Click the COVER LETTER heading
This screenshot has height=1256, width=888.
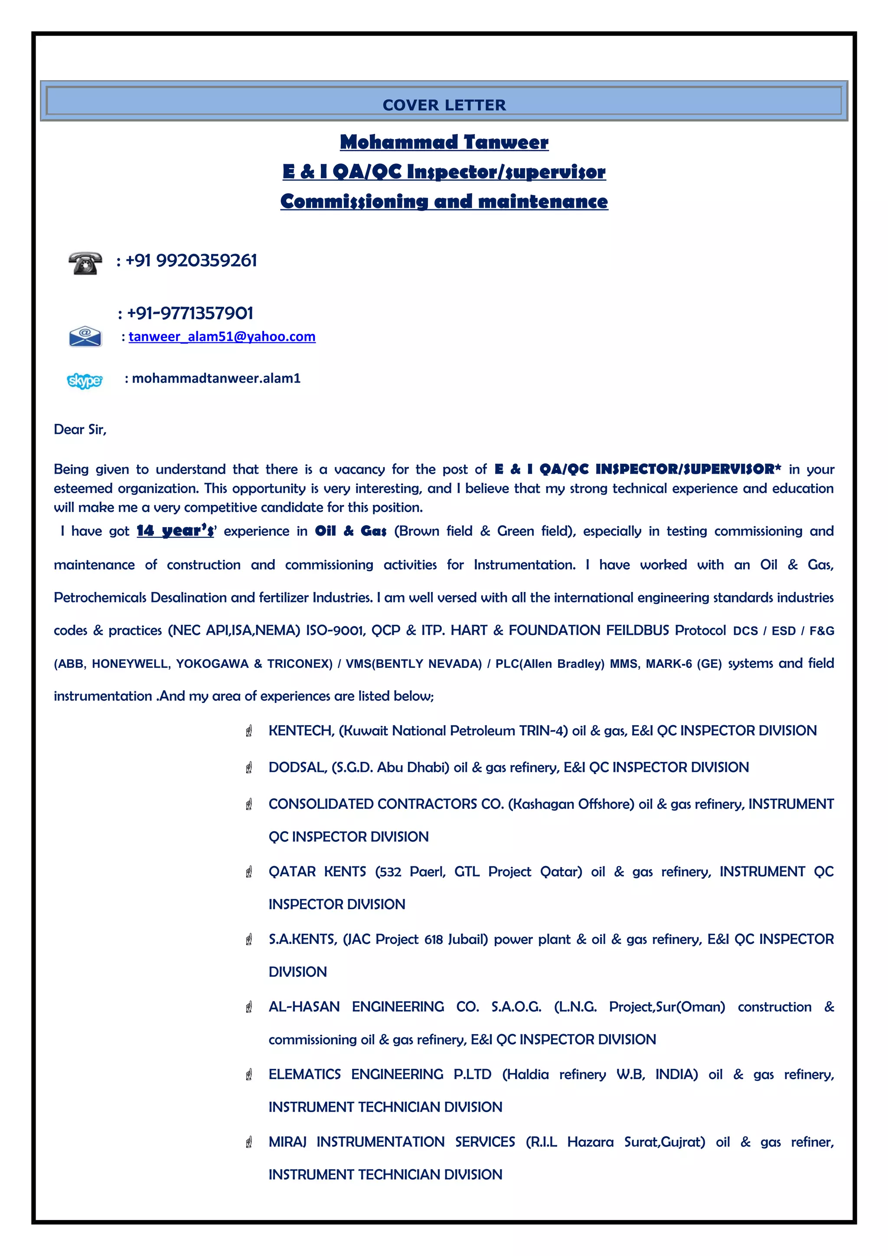point(444,105)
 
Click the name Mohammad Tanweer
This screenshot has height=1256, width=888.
point(444,142)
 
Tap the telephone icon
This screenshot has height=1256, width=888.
point(85,263)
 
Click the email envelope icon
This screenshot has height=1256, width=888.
point(85,336)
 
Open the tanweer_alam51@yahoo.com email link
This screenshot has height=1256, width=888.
point(222,336)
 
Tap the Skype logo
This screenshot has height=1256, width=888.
point(84,380)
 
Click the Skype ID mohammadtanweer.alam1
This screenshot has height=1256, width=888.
point(216,378)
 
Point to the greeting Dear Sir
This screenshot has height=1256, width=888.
point(80,430)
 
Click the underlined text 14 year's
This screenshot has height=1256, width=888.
point(175,530)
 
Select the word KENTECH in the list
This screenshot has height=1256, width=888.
point(301,731)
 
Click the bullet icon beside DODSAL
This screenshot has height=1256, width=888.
point(249,768)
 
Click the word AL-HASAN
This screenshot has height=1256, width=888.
point(304,1006)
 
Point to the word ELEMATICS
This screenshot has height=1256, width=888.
point(304,1074)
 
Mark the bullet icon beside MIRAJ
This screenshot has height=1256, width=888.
point(249,1142)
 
